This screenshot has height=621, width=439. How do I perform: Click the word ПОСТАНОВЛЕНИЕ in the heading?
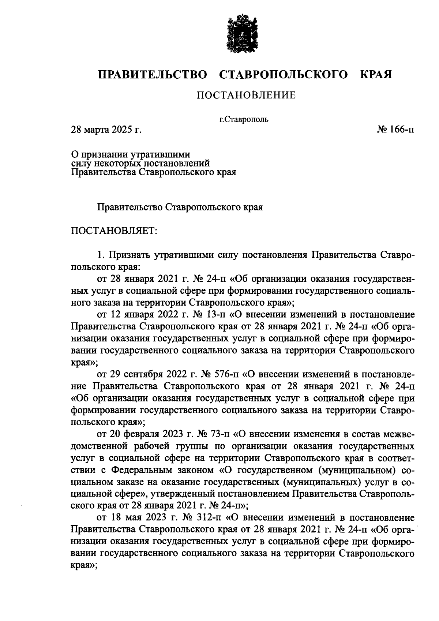click(246, 96)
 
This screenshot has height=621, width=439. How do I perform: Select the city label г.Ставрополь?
click(244, 119)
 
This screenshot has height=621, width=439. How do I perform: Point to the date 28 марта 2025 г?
click(106, 130)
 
